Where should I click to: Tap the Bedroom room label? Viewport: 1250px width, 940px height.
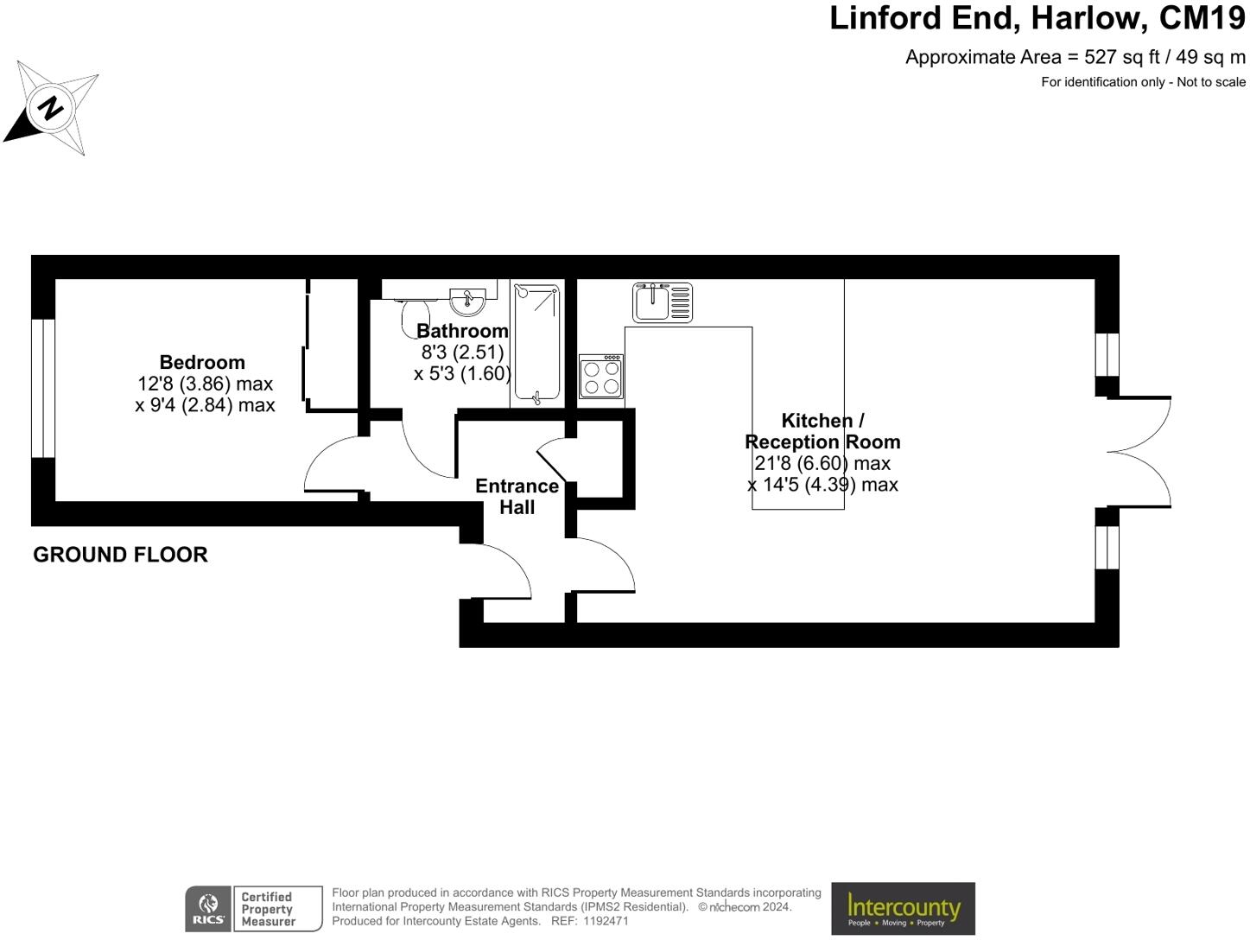click(202, 362)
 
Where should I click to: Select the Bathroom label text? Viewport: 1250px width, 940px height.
click(462, 331)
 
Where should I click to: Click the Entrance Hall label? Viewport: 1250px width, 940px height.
click(517, 497)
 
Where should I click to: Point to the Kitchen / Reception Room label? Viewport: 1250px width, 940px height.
click(822, 431)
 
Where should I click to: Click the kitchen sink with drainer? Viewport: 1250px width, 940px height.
click(662, 302)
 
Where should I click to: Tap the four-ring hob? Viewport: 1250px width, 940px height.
click(601, 377)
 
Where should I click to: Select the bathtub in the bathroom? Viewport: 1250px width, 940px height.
click(536, 344)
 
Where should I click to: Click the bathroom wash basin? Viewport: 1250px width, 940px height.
click(469, 302)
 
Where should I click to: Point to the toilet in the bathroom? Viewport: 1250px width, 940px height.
click(414, 315)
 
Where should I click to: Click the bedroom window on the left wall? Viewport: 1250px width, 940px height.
click(43, 389)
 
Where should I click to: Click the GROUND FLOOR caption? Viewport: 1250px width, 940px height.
click(120, 555)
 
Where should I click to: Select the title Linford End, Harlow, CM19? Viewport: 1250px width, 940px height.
click(1037, 18)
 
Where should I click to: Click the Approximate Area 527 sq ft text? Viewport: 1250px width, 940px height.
click(1075, 57)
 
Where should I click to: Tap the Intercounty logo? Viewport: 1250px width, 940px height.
click(903, 908)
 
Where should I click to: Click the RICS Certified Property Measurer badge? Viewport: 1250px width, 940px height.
click(253, 909)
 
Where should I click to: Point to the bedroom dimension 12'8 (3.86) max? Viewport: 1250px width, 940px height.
click(205, 384)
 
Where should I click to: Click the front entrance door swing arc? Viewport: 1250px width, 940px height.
click(505, 570)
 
